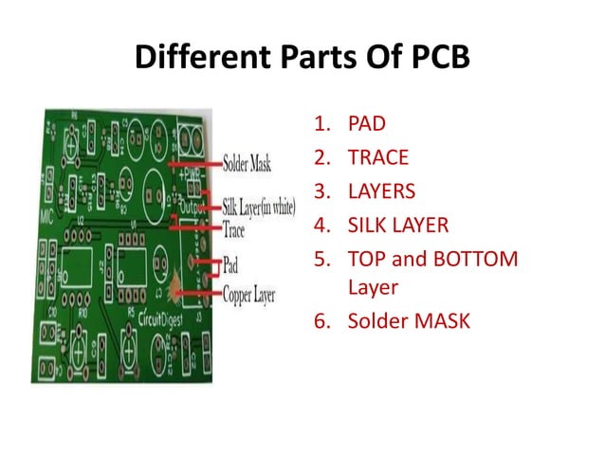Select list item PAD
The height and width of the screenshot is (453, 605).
[x=367, y=122]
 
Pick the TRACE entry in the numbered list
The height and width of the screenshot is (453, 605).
[x=377, y=156]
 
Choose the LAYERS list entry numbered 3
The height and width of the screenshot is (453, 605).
[x=381, y=190]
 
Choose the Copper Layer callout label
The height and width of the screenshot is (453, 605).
[x=248, y=295]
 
